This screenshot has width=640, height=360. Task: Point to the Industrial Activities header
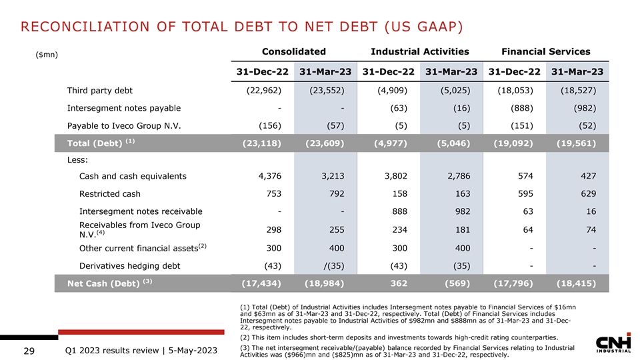pyautogui.click(x=420, y=51)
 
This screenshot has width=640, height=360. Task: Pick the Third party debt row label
pyautogui.click(x=103, y=91)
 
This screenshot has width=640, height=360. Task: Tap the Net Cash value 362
pyautogui.click(x=397, y=283)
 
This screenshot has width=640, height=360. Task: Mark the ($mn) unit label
pyautogui.click(x=46, y=54)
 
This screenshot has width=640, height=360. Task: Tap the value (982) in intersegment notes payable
pyautogui.click(x=582, y=109)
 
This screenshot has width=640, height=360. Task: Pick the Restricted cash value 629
pyautogui.click(x=585, y=194)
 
